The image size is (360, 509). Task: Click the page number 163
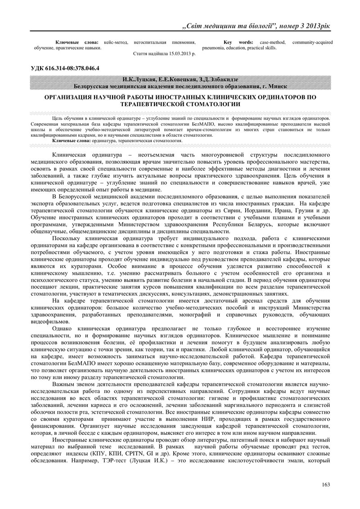(x=326, y=484)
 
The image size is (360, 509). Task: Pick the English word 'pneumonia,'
(x=215, y=47)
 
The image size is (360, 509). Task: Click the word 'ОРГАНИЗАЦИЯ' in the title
(x=69, y=97)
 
